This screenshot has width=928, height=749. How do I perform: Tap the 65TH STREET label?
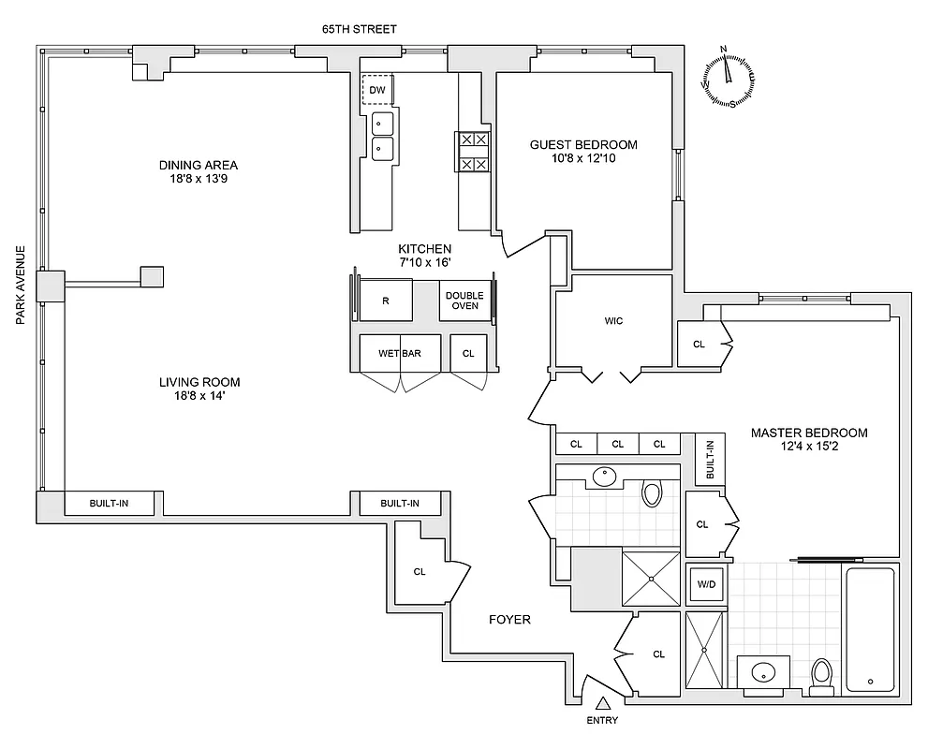click(x=360, y=29)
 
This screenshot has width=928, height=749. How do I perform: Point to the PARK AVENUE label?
click(x=20, y=286)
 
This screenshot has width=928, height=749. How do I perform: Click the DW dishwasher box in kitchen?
click(x=377, y=90)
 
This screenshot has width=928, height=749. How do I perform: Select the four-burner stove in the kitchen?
click(x=472, y=151)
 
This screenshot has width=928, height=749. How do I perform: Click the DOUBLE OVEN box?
click(x=465, y=301)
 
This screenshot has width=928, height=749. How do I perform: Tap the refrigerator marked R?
click(x=386, y=301)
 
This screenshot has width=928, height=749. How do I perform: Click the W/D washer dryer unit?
click(x=705, y=585)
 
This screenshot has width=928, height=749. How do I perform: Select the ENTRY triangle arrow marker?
click(x=603, y=702)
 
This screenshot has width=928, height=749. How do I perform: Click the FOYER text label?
click(x=509, y=620)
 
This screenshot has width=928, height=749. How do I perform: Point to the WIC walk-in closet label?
click(x=613, y=321)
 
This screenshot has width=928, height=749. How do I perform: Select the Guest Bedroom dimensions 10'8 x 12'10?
click(x=583, y=159)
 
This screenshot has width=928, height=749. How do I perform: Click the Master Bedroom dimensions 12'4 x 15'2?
click(x=809, y=448)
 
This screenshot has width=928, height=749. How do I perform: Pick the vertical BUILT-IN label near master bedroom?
click(x=710, y=460)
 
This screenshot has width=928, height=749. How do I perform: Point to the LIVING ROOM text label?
click(x=199, y=382)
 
